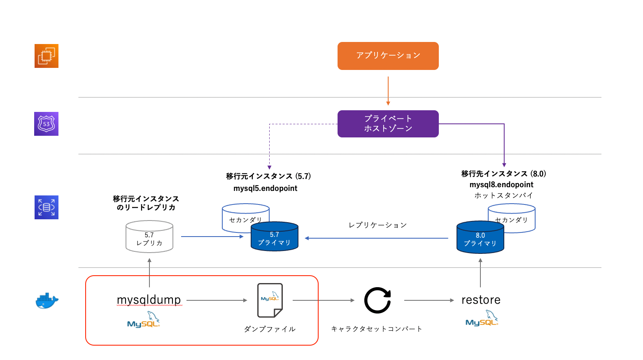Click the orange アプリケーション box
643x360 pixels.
point(388,56)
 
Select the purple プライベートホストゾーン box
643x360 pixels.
point(388,123)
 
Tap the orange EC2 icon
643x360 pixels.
point(46,56)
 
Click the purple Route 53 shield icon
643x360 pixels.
point(46,124)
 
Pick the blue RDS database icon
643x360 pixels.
point(46,207)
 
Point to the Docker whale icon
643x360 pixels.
point(47,301)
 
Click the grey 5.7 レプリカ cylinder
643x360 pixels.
point(149,237)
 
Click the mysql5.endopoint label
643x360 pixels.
point(265,188)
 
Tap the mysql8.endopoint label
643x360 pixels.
point(501,185)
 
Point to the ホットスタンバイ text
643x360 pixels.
point(503,195)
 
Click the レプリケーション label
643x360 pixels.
point(377,225)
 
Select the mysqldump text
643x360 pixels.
point(149,300)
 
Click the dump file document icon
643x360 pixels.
point(270,300)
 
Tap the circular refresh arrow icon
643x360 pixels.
point(377,300)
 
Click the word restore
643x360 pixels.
point(481,300)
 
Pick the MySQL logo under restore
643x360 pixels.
point(482,319)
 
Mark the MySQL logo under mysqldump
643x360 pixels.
point(143,321)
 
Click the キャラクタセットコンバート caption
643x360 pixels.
point(377,329)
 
